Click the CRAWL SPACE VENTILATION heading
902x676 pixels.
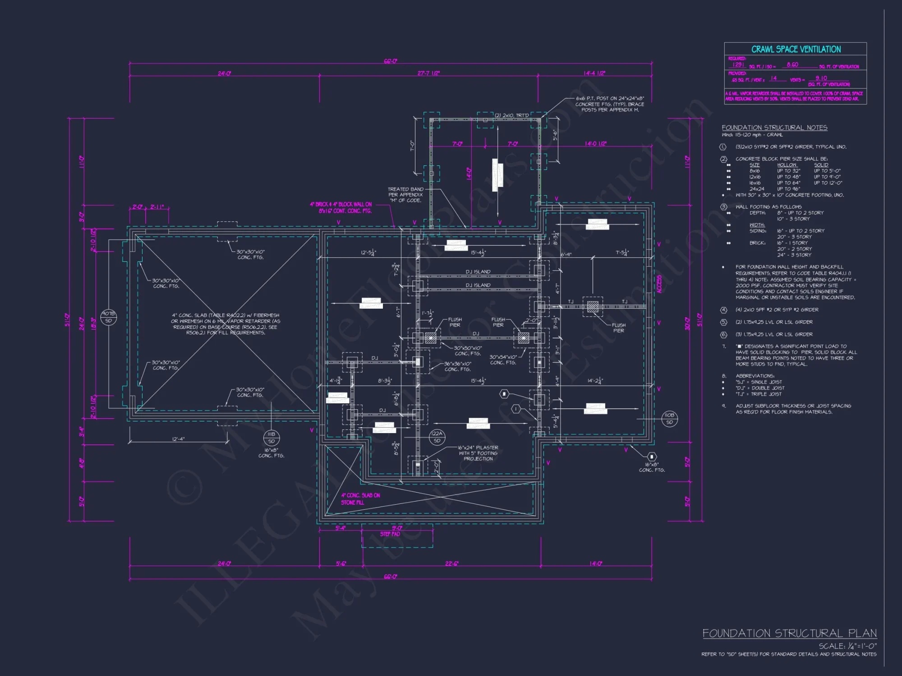796,49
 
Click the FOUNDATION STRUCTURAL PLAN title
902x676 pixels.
789,633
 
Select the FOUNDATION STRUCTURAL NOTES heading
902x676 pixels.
774,128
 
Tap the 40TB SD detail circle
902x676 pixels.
108,317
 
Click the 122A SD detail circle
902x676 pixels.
437,437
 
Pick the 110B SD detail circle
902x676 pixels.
669,418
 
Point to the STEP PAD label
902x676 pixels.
390,534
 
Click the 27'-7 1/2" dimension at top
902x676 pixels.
428,73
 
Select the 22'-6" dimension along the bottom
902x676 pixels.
451,563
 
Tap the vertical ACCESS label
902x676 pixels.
659,284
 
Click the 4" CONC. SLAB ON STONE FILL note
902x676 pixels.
360,498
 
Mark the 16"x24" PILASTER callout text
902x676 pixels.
478,453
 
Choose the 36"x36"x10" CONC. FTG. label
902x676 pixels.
457,366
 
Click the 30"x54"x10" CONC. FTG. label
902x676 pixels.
503,360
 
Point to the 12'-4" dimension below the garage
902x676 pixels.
178,439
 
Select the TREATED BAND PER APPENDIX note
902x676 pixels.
405,195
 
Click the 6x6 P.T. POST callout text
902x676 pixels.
610,104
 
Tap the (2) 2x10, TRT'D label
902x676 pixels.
511,115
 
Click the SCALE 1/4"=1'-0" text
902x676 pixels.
847,646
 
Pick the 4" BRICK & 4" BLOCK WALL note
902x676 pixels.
341,207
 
